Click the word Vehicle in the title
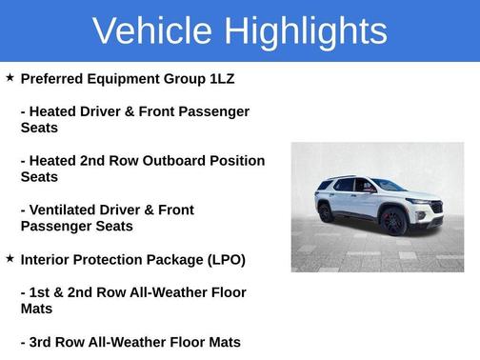[151, 31]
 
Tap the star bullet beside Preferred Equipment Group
[10, 77]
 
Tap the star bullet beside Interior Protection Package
[10, 258]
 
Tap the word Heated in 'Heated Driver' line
[56, 111]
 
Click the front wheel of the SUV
[393, 222]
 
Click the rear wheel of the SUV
[326, 212]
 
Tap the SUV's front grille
[435, 207]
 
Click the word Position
[235, 160]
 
